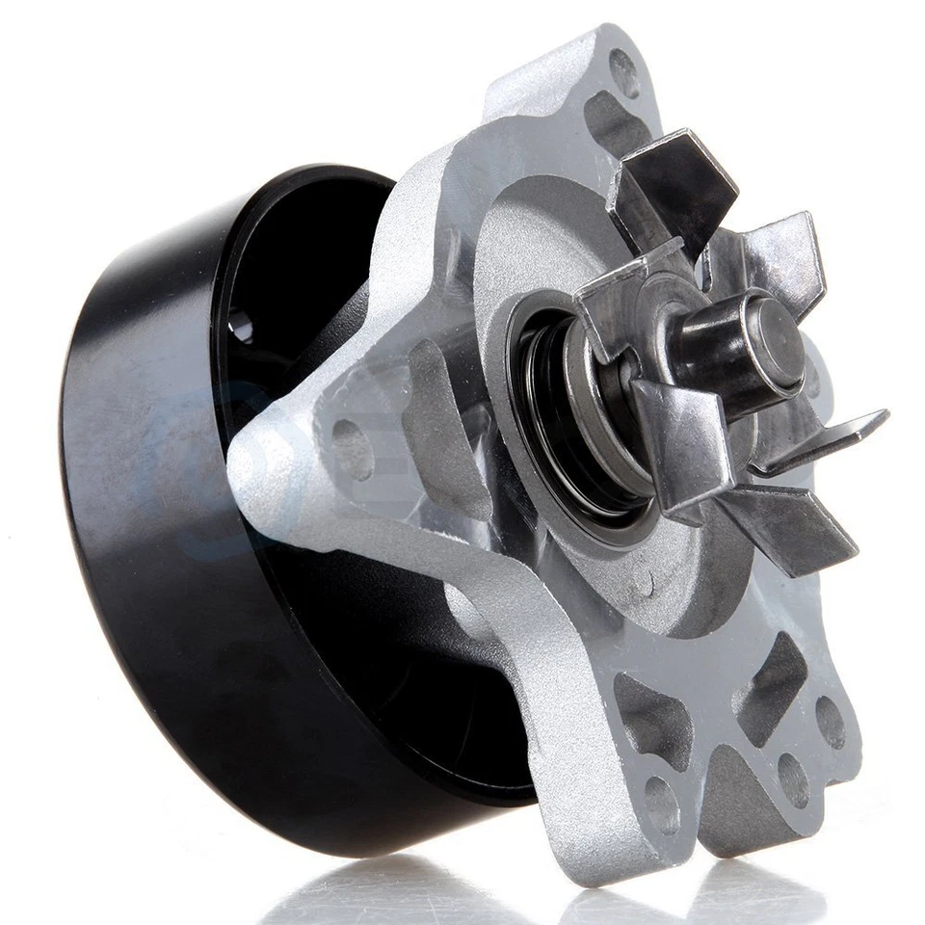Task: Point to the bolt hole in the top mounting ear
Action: [623, 72]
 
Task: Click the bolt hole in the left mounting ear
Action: [352, 449]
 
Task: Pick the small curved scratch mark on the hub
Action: [641, 579]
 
